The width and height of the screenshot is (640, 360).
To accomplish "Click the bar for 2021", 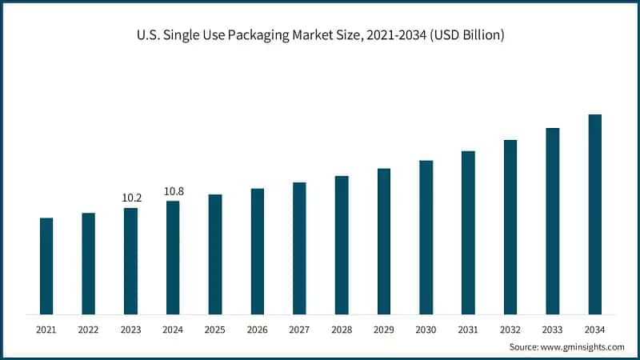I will point(46,266).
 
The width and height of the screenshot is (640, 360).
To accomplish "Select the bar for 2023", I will point(130,261).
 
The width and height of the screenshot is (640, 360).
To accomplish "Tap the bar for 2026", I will point(257,251).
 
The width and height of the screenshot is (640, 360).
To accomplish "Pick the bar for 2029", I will point(384,241).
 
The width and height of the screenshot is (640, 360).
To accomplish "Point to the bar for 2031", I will point(468,232).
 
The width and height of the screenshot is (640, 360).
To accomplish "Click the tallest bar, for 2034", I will point(594,214).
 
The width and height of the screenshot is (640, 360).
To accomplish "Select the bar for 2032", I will point(510,226).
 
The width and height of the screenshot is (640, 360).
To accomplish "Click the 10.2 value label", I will point(130,198).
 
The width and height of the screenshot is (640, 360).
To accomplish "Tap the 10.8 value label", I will point(173,191).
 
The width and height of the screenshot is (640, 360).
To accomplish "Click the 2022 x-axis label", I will point(88,329).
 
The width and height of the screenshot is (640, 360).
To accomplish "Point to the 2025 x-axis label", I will point(214,329).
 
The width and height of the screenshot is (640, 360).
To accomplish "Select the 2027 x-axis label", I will point(299,329).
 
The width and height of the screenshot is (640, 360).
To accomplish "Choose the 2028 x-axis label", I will point(342,329).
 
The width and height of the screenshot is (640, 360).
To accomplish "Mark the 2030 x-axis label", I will point(426,329).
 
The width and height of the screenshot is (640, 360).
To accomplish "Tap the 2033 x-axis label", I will point(552,329).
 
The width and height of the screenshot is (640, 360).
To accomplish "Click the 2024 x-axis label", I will point(173,329).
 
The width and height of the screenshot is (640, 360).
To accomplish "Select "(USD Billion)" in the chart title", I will point(466,35).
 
